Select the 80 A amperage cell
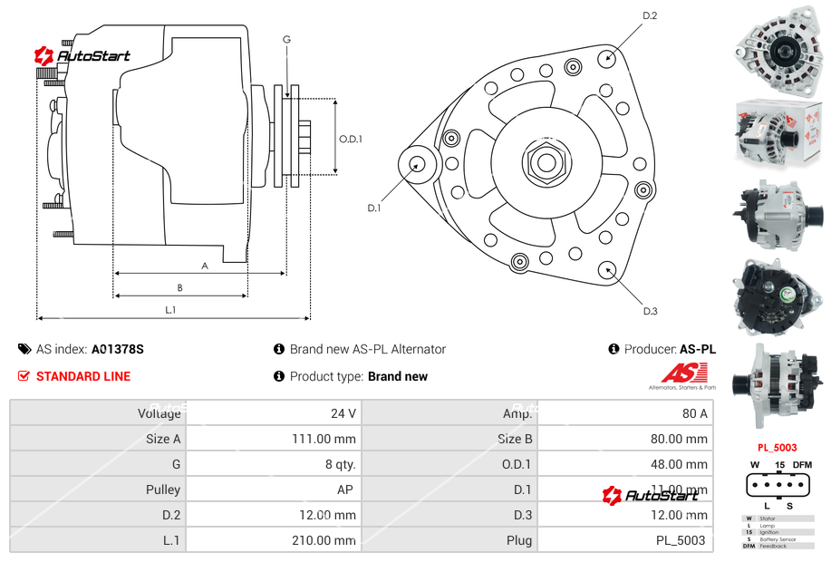[x=694, y=413]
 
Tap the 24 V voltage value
[x=343, y=413]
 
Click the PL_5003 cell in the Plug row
[x=680, y=540]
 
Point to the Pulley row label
[x=163, y=489]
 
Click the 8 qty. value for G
[x=340, y=464]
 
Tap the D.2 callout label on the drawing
[x=650, y=15]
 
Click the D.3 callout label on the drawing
[x=650, y=311]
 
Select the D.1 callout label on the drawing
[x=373, y=208]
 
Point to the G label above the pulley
[x=286, y=39]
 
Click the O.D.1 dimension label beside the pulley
[x=351, y=139]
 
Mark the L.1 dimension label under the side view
[x=170, y=310]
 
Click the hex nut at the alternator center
[x=546, y=163]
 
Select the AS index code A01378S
[x=118, y=349]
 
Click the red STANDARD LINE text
[x=83, y=376]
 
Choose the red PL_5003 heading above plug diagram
[x=778, y=448]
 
